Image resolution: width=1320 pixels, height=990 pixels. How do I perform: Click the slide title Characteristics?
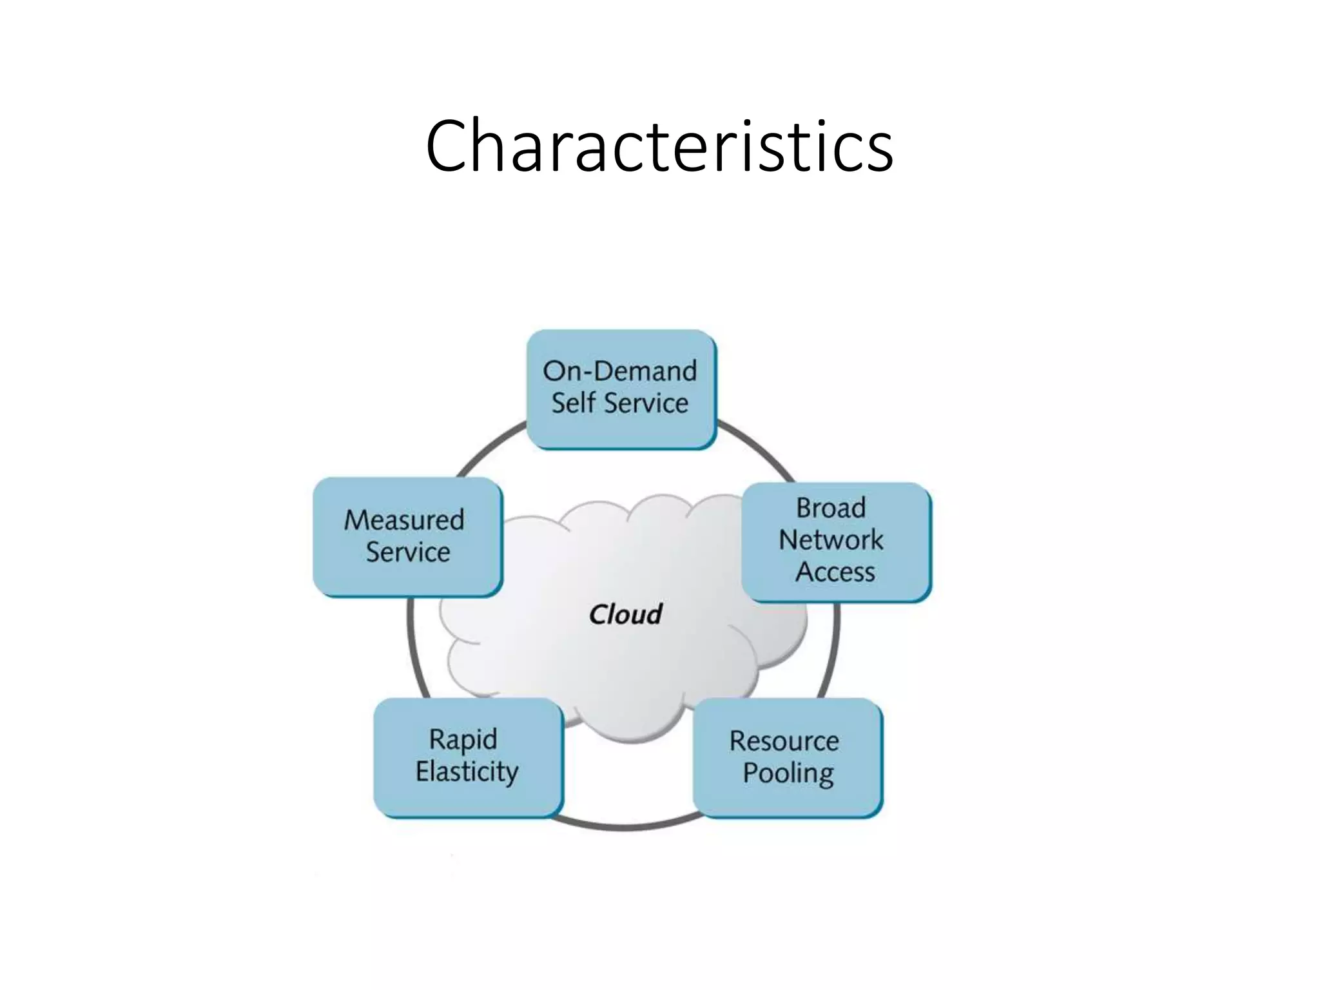tap(659, 147)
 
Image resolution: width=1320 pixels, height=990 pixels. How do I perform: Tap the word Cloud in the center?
tap(625, 614)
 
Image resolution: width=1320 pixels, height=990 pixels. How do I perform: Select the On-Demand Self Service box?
tap(621, 389)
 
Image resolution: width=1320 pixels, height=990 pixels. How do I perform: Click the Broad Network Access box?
tap(836, 541)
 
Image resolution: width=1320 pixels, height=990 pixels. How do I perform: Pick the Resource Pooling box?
tap(787, 757)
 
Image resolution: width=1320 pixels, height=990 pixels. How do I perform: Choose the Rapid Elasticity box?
tap(468, 757)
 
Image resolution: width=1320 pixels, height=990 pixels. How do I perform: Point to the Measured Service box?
tap(407, 536)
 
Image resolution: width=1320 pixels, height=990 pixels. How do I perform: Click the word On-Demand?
tap(619, 371)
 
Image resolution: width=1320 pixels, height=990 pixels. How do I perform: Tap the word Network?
tap(831, 540)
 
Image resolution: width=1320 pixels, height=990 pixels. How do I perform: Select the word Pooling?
tap(788, 773)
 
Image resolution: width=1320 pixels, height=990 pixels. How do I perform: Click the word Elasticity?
tap(467, 772)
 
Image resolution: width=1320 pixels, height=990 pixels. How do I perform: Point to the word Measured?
tap(404, 520)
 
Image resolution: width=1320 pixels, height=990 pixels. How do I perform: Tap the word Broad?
tap(831, 508)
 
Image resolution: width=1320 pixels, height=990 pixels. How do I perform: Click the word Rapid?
tap(463, 739)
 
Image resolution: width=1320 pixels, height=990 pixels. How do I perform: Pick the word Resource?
tap(784, 741)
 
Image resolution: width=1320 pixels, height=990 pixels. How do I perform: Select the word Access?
tap(835, 572)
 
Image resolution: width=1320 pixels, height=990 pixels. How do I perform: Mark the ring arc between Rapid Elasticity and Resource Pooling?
tap(624, 826)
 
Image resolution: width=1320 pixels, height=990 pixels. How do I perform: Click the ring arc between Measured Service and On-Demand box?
tap(490, 448)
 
